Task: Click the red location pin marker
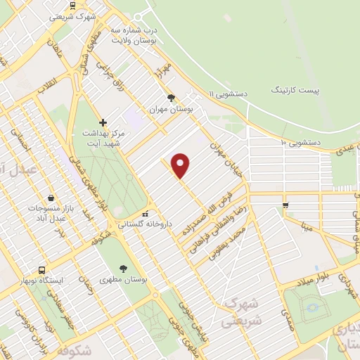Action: pos(181,165)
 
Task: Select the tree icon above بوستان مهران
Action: pos(170,98)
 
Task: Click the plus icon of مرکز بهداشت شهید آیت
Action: pos(103,122)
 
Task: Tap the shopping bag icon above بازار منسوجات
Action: pos(51,198)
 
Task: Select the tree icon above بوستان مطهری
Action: pos(124,268)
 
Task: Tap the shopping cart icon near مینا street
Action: pos(285,205)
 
